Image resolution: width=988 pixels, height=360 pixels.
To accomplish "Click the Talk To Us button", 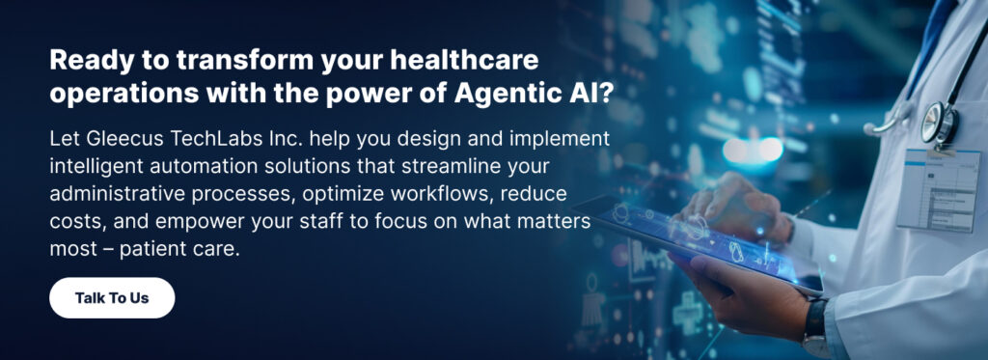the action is point(112,297).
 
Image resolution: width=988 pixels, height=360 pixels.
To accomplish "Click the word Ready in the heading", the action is point(83,62).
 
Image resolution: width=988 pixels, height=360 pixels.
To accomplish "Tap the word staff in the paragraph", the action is point(325,222).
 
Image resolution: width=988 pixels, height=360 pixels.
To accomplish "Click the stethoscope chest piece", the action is point(939,121).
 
